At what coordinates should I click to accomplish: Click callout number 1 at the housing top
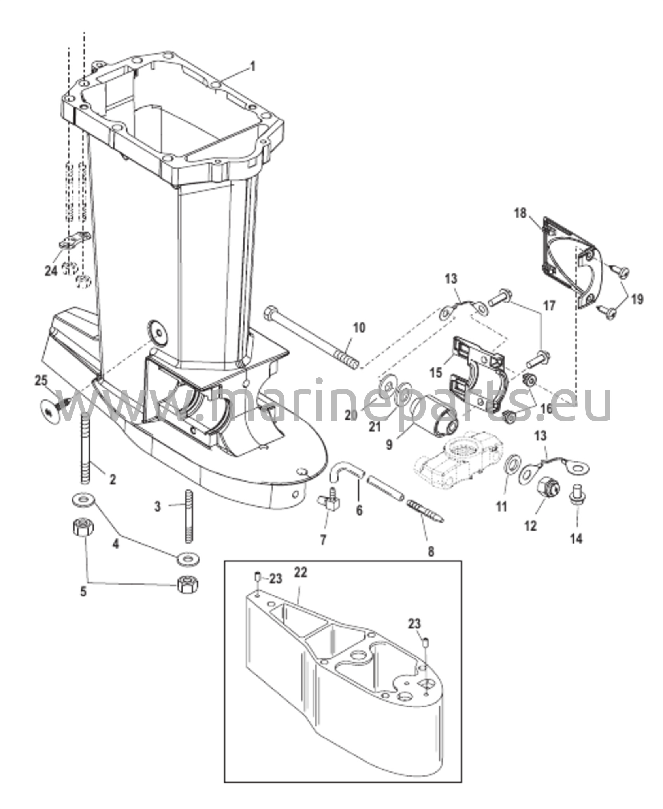(253, 66)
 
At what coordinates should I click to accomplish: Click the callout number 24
(51, 271)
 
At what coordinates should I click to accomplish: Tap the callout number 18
(520, 214)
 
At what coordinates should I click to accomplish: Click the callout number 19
(636, 299)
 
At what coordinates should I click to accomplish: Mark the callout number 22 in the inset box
(300, 572)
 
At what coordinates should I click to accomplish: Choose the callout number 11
(501, 506)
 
